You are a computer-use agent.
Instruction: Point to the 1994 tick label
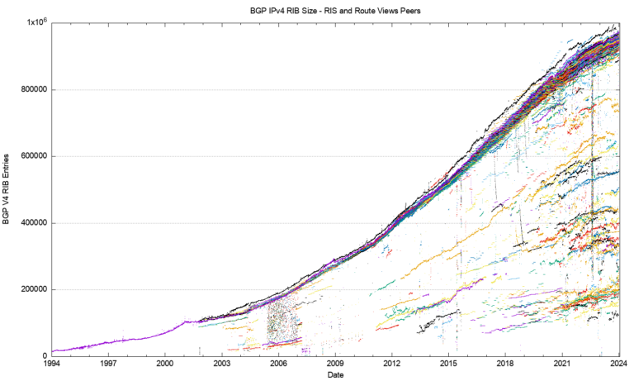tap(51, 364)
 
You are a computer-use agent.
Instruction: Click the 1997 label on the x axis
tap(108, 364)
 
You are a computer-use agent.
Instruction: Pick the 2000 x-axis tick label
tap(165, 364)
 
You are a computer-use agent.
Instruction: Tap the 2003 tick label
tap(221, 364)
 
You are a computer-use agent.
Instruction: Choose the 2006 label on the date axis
tap(278, 364)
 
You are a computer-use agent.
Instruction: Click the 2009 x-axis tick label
tap(335, 364)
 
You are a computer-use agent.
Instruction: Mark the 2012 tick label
tap(392, 364)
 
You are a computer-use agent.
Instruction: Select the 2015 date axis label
tap(449, 364)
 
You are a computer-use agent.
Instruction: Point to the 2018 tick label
tap(505, 364)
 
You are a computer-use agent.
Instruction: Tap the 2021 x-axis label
tap(562, 364)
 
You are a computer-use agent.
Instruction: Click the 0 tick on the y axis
tap(45, 356)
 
